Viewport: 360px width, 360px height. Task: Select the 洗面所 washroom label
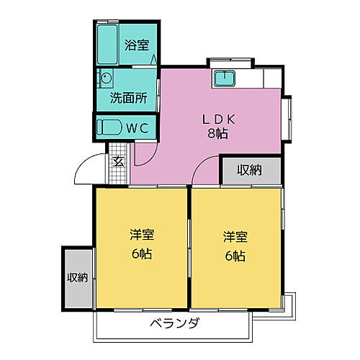[x=127, y=98]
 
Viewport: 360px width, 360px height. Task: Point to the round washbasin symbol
[x=107, y=78]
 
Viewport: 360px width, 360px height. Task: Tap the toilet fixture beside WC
[x=110, y=127]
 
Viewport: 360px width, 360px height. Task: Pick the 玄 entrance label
[x=118, y=161]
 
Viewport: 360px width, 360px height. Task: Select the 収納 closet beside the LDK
[x=250, y=170]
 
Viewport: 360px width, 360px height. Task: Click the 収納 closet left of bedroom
[x=77, y=277]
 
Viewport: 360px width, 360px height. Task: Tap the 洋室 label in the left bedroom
[x=141, y=236]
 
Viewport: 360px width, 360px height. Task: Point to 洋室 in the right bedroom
[x=235, y=236]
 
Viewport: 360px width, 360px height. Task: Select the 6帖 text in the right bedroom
[x=235, y=255]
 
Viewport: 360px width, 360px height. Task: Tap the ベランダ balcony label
[x=176, y=324]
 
